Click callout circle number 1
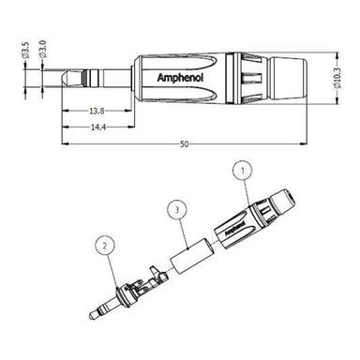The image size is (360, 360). click(242, 172)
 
